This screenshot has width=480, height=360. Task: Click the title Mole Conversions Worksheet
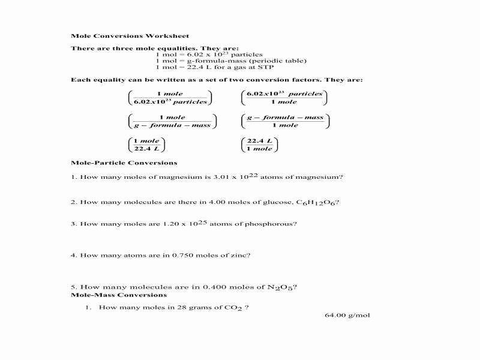[113, 35]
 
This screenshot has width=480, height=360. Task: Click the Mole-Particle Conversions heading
[124, 163]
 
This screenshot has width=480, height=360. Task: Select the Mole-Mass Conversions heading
[119, 295]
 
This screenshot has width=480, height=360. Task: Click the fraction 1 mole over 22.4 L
[146, 145]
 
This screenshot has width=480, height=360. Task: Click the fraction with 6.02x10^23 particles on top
[284, 98]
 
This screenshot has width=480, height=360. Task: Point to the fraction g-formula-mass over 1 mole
[285, 121]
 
